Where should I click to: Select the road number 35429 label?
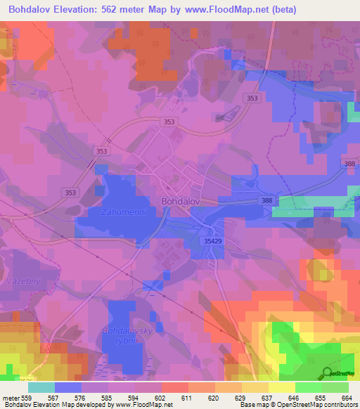[x=216, y=240]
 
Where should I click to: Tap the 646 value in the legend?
[x=295, y=397]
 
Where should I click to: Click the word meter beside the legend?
[x=11, y=397]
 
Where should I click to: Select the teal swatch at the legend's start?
[x=41, y=387]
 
